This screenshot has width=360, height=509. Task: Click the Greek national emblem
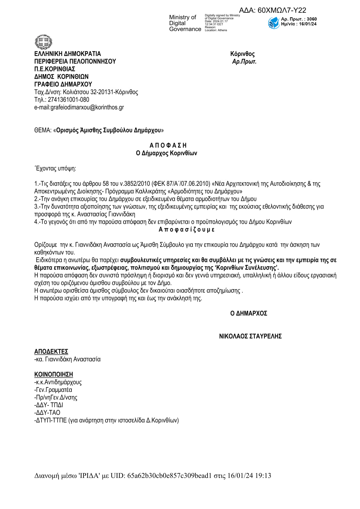[x=44, y=42]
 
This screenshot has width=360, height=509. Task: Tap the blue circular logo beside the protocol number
[x=273, y=23]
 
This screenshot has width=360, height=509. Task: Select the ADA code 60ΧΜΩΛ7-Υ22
[x=282, y=10]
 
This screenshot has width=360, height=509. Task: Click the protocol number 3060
[x=312, y=19]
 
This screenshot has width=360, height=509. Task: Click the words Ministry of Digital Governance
[x=185, y=23]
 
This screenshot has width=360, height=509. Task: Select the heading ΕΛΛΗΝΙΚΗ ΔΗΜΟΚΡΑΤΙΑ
[x=67, y=54]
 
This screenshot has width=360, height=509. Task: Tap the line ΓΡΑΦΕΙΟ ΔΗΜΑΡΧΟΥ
[x=63, y=84]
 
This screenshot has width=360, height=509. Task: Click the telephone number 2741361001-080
[x=68, y=100]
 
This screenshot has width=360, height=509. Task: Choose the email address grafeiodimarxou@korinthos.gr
[x=87, y=107]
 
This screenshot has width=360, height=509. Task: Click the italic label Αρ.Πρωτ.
[x=244, y=62]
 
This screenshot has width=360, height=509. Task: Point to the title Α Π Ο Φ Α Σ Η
[x=168, y=145]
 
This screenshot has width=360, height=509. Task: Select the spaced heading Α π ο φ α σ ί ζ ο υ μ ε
[x=187, y=230]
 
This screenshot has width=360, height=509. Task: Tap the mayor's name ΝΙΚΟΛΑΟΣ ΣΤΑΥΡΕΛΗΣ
[x=250, y=336]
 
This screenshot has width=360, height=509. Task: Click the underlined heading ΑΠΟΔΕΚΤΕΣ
[x=51, y=351]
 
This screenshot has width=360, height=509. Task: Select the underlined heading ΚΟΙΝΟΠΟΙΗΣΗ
[x=54, y=374]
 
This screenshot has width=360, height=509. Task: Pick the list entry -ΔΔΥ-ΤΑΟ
[x=47, y=413]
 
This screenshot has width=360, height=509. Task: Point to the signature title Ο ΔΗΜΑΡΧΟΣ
[x=249, y=313]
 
